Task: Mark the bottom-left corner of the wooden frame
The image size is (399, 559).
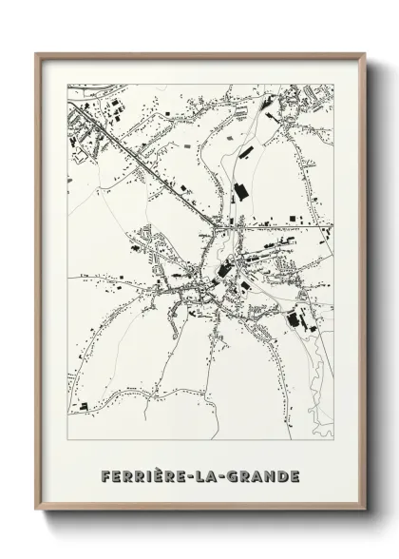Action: pos(38,510)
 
